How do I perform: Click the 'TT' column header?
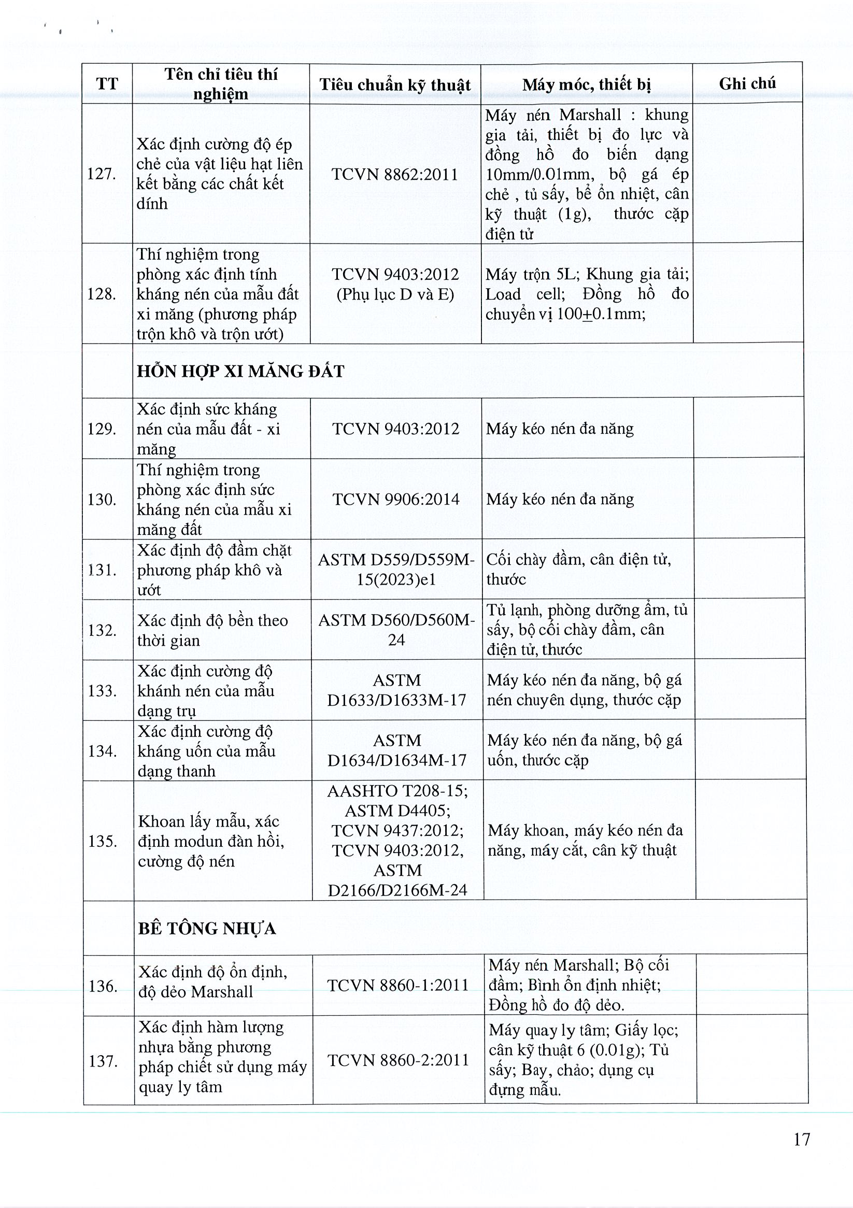107,84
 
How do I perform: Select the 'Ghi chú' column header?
747,83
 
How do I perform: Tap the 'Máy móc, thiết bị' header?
586,84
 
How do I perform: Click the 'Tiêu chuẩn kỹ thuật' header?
395,84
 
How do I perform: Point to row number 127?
102,174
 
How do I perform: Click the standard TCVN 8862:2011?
395,174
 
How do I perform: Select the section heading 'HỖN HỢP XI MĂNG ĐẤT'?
240,372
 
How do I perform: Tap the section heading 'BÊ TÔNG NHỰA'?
207,929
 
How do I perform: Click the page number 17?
801,1139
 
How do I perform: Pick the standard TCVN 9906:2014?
396,499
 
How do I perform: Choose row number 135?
103,841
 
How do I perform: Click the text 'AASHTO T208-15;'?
397,791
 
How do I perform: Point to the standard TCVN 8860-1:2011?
398,985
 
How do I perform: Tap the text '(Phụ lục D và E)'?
395,294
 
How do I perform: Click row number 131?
103,570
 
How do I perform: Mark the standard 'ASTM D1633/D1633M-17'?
397,690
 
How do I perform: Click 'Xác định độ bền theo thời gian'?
212,630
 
